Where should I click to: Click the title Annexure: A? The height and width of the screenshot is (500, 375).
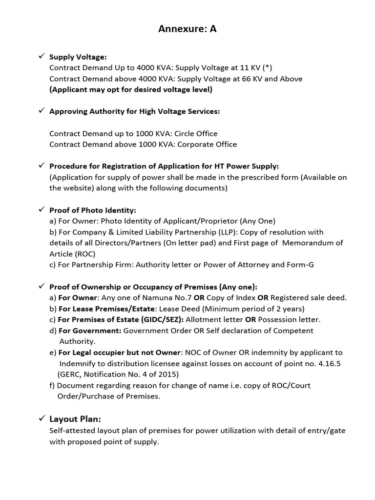pos(187,29)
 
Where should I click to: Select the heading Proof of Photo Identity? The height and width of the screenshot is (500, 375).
pos(93,210)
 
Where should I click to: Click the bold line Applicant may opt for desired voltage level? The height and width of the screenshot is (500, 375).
pos(131,89)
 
